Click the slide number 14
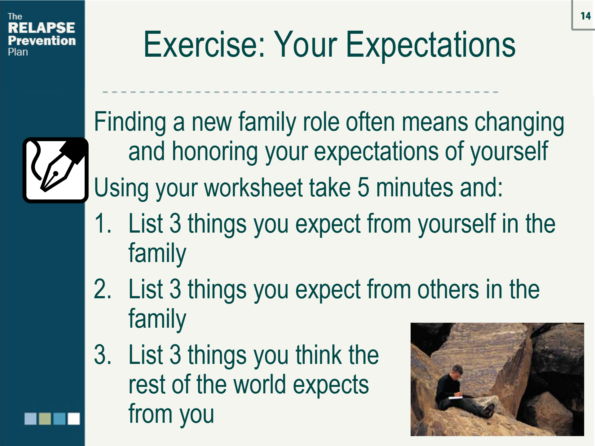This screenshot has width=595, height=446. (585, 16)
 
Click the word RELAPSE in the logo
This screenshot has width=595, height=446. (41, 28)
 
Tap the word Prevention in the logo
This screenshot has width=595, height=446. (42, 41)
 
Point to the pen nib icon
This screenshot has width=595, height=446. (55, 170)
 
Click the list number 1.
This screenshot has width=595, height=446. (102, 224)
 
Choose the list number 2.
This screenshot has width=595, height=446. (102, 289)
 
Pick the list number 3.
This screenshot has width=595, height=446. (102, 355)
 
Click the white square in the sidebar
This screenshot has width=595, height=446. (74, 418)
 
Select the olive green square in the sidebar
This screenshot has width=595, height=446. (45, 418)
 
